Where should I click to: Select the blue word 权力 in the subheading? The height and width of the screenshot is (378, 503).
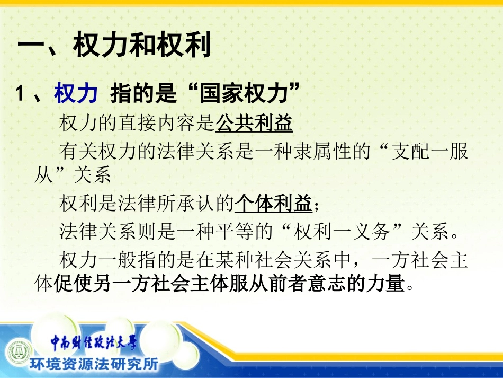[x=76, y=94]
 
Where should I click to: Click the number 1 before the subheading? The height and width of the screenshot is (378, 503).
[x=20, y=95]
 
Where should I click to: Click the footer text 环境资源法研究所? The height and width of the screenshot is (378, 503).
[x=93, y=364]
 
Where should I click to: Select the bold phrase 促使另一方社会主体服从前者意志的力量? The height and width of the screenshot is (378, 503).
[x=229, y=285]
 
